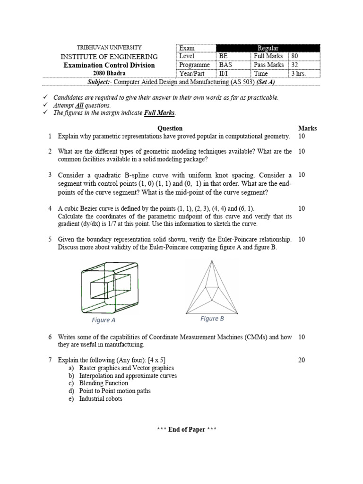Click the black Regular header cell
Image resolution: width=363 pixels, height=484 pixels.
point(268,48)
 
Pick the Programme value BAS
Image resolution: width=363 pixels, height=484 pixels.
point(225,65)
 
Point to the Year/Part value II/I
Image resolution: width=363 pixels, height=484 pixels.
point(223,74)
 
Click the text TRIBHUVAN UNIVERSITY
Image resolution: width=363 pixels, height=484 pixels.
point(109,47)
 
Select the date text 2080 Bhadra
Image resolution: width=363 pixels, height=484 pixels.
point(109,73)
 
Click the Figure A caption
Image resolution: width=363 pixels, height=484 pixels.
point(104,320)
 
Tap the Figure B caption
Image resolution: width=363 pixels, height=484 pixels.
point(212,319)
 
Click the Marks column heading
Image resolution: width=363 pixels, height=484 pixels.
point(308,128)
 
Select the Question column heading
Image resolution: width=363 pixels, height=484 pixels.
point(170,128)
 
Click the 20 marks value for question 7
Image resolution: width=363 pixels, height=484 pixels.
point(302,360)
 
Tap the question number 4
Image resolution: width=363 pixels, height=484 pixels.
point(50,208)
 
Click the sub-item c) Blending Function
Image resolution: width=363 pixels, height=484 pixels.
point(104,383)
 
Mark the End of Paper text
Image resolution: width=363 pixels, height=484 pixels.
point(187,429)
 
